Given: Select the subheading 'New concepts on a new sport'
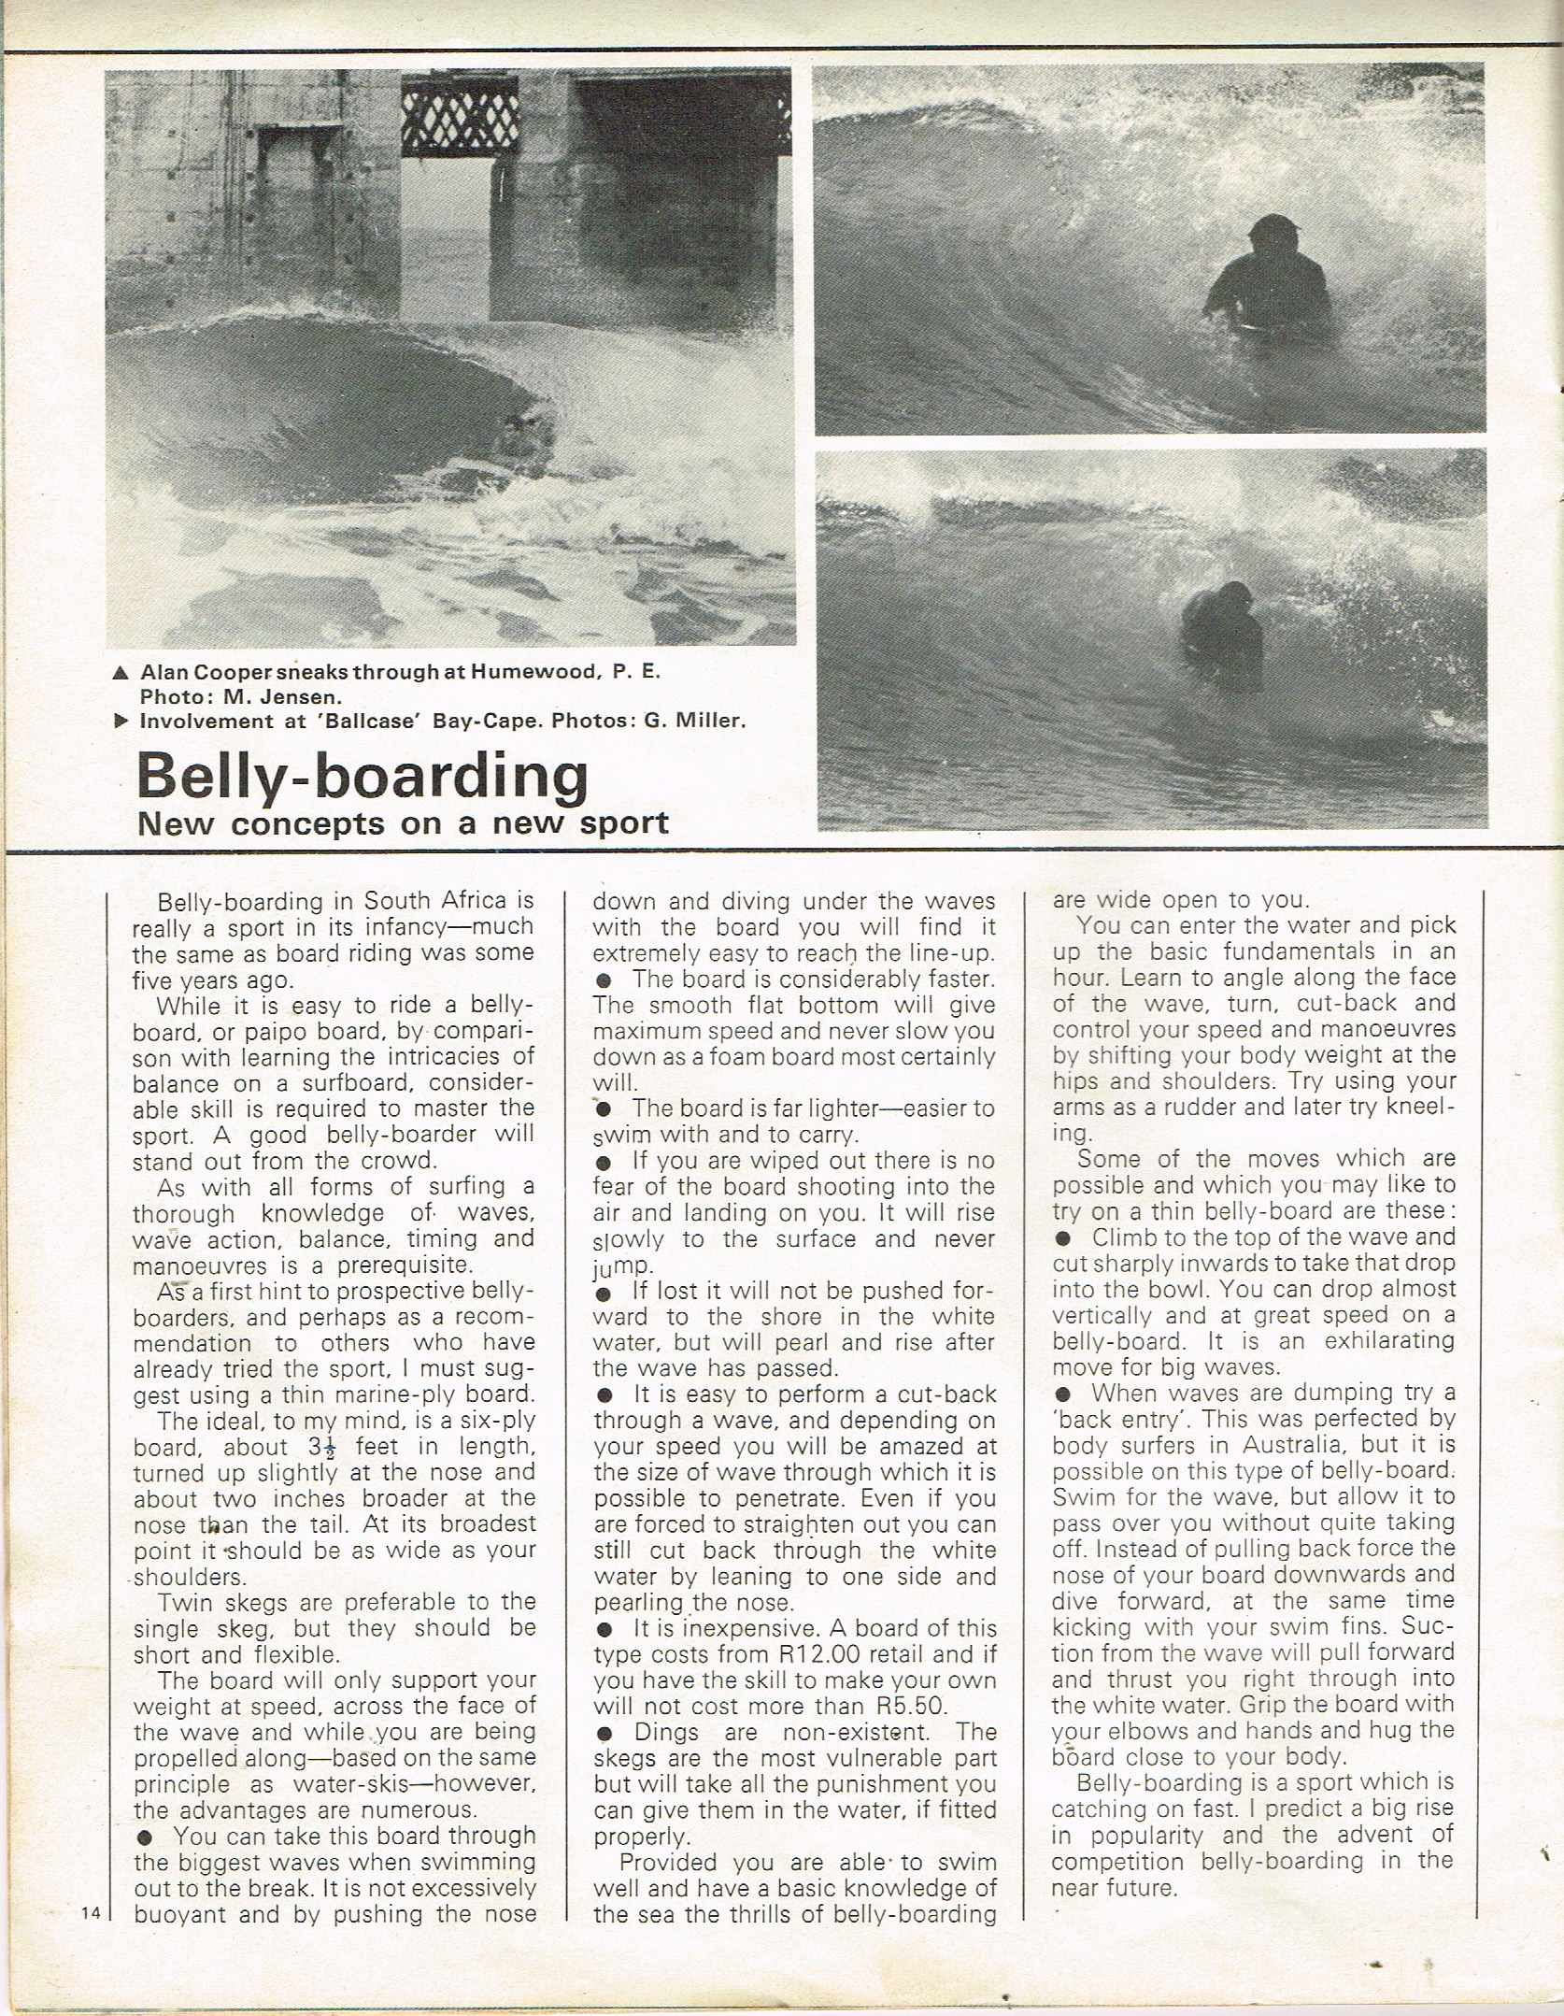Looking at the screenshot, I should point(403,823).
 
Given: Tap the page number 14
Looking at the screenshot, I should point(91,1912).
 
